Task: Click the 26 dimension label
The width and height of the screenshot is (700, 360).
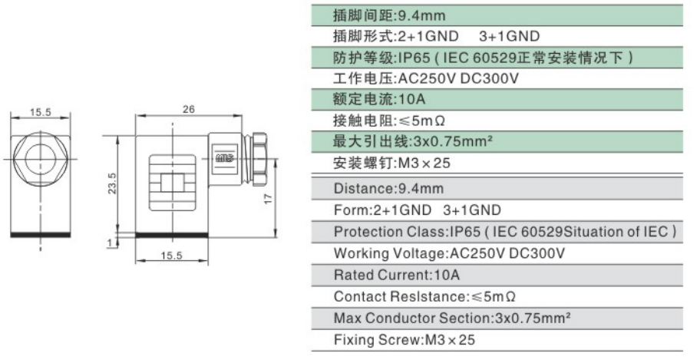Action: click(x=189, y=109)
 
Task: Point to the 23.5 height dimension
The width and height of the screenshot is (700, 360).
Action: click(x=112, y=183)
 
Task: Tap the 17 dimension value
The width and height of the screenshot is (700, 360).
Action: click(x=269, y=199)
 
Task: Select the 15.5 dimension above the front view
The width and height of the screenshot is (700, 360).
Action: click(x=41, y=112)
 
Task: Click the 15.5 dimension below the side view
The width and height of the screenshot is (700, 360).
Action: click(x=172, y=256)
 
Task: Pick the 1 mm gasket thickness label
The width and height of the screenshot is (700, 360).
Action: click(x=110, y=243)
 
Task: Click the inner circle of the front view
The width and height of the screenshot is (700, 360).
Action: click(x=41, y=159)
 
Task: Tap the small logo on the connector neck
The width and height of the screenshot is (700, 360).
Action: click(x=222, y=159)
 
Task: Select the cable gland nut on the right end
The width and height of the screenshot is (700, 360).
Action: click(x=259, y=159)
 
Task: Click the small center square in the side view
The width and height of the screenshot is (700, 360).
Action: click(x=173, y=183)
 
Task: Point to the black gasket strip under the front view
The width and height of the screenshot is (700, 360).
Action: click(x=41, y=234)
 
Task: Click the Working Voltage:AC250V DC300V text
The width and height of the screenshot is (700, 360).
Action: click(x=449, y=253)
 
